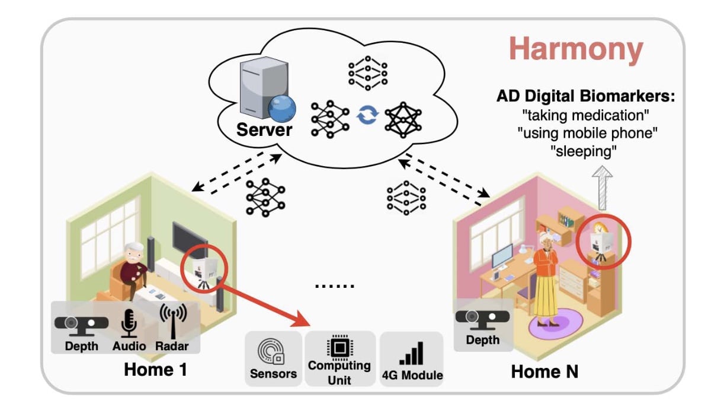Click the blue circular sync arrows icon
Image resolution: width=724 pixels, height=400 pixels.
tap(367, 115)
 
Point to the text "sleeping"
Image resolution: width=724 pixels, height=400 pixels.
tap(584, 151)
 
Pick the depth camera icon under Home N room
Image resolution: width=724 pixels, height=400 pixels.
tap(482, 319)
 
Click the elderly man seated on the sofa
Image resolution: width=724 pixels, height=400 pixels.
tap(133, 272)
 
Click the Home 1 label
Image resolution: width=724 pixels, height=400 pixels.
tap(155, 370)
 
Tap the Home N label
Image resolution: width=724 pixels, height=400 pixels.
tap(544, 372)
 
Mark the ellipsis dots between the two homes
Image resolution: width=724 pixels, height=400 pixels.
tap(335, 285)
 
